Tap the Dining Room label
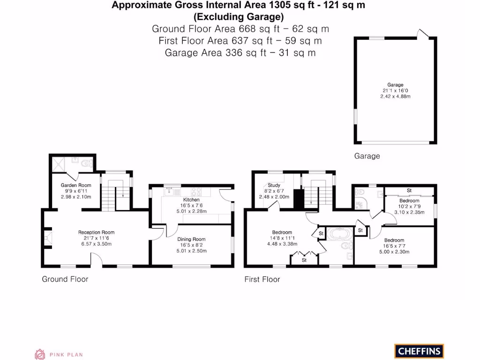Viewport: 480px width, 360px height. [x=191, y=239]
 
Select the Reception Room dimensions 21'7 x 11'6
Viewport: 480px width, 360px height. [x=96, y=238]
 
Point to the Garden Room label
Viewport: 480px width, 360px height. [x=76, y=185]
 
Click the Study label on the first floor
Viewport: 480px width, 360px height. [x=274, y=185]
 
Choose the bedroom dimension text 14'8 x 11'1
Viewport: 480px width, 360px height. [x=282, y=238]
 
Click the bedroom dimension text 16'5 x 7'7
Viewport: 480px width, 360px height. [x=394, y=246]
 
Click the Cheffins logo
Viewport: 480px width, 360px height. [x=419, y=351]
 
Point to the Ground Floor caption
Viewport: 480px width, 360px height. [x=65, y=279]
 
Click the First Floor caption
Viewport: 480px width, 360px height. [x=262, y=279]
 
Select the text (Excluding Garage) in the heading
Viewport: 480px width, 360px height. [x=239, y=17]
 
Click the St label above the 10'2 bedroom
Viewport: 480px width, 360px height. [x=409, y=191]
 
